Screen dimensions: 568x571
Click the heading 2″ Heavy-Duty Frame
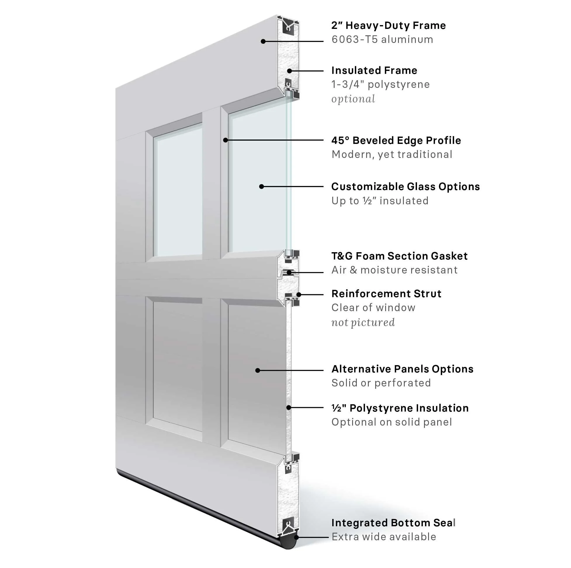tap(388, 26)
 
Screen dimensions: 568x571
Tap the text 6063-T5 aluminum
tap(382, 40)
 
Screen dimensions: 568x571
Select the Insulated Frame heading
tap(374, 71)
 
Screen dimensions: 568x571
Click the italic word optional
tap(353, 99)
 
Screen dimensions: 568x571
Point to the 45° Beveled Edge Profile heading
tap(396, 140)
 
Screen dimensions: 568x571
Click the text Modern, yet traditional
tap(392, 154)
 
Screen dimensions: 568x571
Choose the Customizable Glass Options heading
tap(406, 187)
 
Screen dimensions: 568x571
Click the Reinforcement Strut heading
tap(386, 294)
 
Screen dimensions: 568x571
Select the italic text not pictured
tap(363, 322)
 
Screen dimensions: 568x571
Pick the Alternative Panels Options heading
tap(402, 369)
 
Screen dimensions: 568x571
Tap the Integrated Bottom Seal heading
tap(393, 523)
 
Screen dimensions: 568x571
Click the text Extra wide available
tap(384, 537)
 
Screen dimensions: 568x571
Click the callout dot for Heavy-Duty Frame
tap(263, 42)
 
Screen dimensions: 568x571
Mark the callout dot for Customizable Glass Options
tap(262, 187)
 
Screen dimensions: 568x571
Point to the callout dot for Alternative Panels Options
tap(258, 370)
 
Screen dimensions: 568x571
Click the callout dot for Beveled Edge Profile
tap(226, 140)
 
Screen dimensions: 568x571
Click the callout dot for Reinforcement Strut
tap(299, 294)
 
